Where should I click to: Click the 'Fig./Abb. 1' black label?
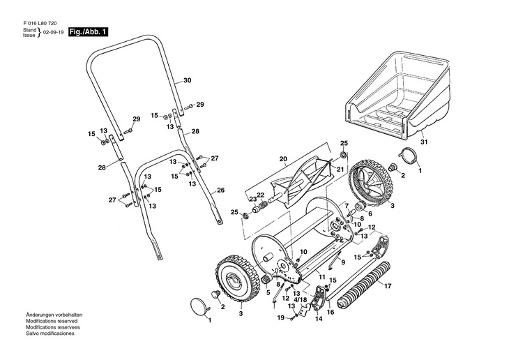tap(88, 33)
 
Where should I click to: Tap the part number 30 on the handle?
tap(187, 81)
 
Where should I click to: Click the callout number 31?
tap(423, 144)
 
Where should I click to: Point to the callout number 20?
tap(283, 160)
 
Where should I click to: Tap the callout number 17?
tap(388, 285)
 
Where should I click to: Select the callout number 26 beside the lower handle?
tap(221, 190)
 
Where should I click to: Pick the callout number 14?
tap(317, 319)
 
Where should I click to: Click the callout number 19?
tap(281, 318)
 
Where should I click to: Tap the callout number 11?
tap(322, 277)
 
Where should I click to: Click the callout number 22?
tap(261, 195)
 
